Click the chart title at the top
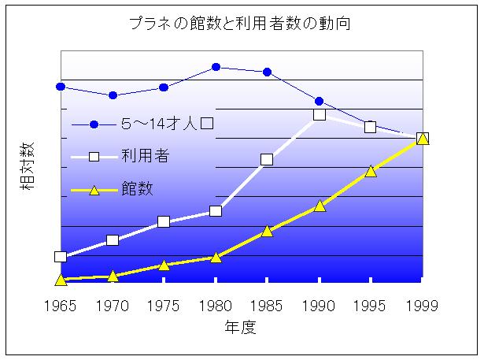[x=239, y=24]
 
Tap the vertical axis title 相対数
[x=28, y=168]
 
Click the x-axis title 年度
[x=241, y=327]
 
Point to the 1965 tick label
[x=60, y=305]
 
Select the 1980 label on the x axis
[x=215, y=305]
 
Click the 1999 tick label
[x=422, y=305]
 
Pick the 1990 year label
[x=319, y=305]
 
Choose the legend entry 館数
[x=138, y=189]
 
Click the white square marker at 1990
[x=319, y=114]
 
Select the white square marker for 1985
[x=267, y=159]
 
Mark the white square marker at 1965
[x=60, y=257]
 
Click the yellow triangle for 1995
[x=371, y=170]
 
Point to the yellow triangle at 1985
[x=267, y=231]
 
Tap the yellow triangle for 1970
[x=113, y=276]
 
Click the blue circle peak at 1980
[x=216, y=67]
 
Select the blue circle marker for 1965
[x=60, y=86]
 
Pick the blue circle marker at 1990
[x=319, y=101]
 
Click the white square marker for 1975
[x=164, y=221]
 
